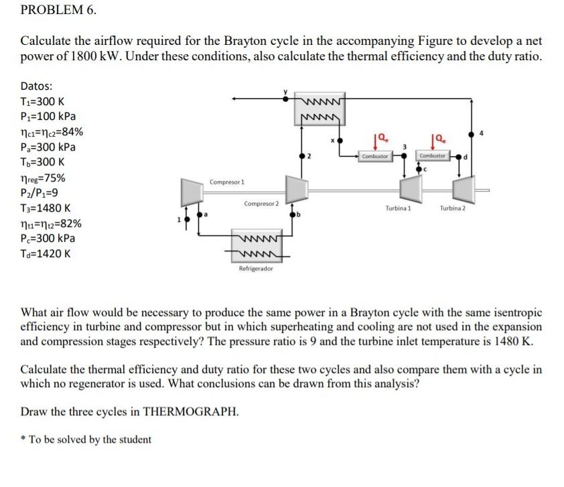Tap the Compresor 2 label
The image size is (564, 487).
click(x=262, y=203)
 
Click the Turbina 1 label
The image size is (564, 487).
click(x=398, y=208)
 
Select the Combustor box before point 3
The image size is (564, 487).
click(x=374, y=156)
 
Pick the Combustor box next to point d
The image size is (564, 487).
click(x=432, y=155)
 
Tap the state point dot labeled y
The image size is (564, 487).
click(x=286, y=100)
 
